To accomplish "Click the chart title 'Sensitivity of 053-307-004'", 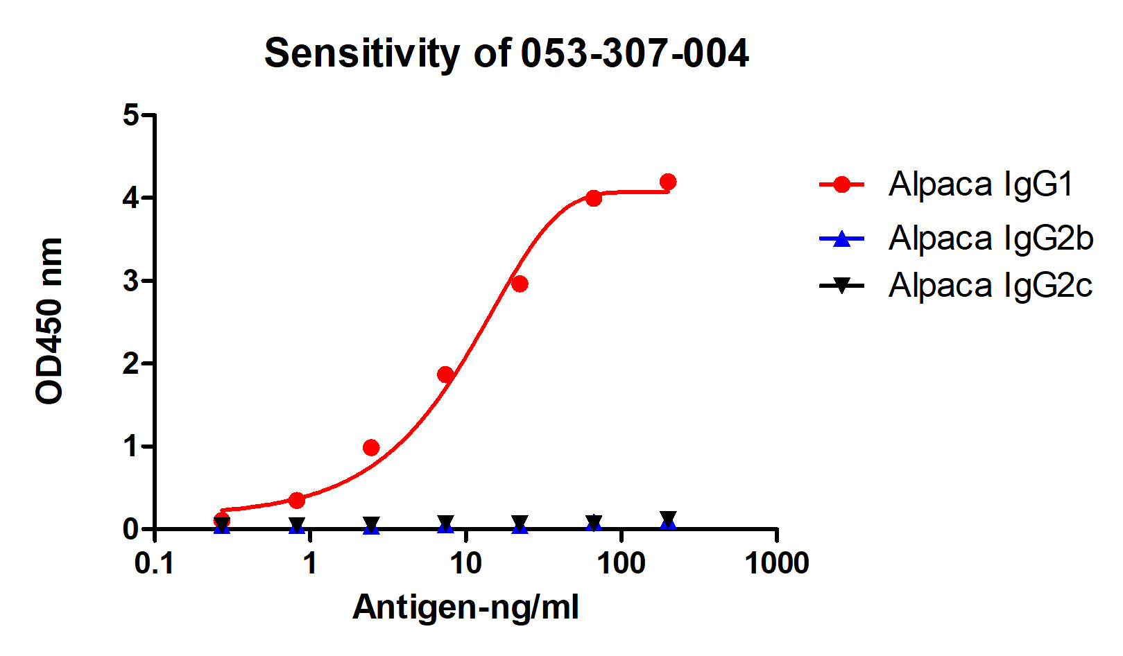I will [x=506, y=53].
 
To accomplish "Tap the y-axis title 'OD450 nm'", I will [x=49, y=320].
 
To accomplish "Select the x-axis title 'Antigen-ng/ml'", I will [x=465, y=607].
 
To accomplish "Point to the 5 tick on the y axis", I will [x=131, y=115].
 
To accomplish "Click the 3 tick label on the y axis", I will [x=131, y=281].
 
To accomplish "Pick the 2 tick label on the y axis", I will [x=131, y=363].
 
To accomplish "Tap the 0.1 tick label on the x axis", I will [x=154, y=564].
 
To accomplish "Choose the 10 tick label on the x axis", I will [x=465, y=564].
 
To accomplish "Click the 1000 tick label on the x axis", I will [x=777, y=564].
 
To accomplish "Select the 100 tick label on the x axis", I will [x=621, y=564].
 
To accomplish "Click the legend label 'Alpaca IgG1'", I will [x=981, y=184].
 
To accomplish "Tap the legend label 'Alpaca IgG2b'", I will [x=991, y=239].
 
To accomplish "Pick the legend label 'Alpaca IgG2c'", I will [x=990, y=285].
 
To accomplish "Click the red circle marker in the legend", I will [x=841, y=184].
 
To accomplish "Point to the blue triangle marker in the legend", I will [x=841, y=239].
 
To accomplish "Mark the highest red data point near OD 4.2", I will [x=668, y=182].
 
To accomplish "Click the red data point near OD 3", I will [x=520, y=284].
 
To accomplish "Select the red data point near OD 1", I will [x=371, y=447].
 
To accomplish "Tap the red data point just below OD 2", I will [x=445, y=374].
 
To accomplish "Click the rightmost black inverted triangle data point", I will [x=668, y=519].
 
